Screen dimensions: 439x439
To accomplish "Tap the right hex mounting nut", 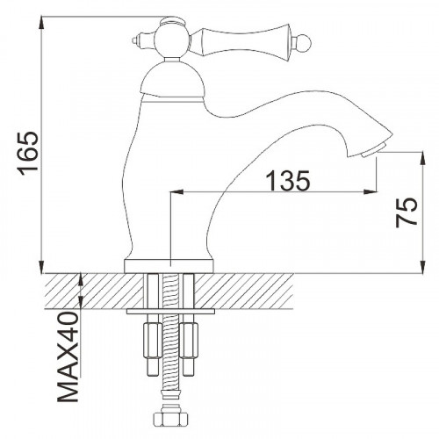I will (191, 337).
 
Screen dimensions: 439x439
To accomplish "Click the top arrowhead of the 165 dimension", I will (42, 21).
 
